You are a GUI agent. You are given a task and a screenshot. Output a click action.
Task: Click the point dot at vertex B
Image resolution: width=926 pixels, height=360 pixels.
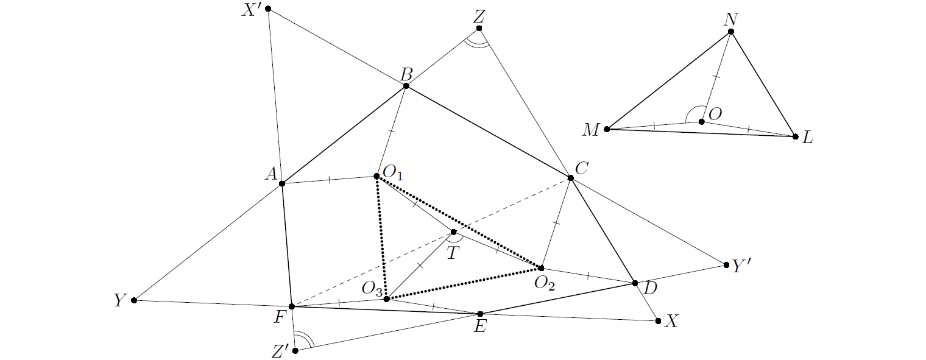pyautogui.click(x=406, y=86)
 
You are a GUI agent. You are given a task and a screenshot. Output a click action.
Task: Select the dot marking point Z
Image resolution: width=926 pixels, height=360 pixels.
pyautogui.click(x=479, y=28)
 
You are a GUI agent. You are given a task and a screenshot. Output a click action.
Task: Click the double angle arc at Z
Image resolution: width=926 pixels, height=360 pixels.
pyautogui.click(x=476, y=43)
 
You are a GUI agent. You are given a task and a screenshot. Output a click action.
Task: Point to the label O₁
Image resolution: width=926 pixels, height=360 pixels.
pyautogui.click(x=394, y=175)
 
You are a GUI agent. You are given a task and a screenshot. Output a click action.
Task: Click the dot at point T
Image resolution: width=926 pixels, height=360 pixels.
pyautogui.click(x=453, y=231)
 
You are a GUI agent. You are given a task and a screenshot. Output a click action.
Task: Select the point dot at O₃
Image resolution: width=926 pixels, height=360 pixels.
pyautogui.click(x=386, y=298)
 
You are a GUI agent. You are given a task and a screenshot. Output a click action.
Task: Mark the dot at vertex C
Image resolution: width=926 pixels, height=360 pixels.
pyautogui.click(x=571, y=177)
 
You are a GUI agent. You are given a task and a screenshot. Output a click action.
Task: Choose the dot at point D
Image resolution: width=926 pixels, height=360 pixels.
pyautogui.click(x=635, y=283)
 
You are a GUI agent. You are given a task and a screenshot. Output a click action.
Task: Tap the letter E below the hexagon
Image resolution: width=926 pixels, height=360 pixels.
pyautogui.click(x=481, y=328)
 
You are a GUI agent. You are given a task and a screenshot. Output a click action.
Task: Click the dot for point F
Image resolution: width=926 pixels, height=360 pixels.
pyautogui.click(x=292, y=306)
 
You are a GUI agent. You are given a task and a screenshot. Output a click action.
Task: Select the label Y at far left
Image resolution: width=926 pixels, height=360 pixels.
pyautogui.click(x=119, y=300)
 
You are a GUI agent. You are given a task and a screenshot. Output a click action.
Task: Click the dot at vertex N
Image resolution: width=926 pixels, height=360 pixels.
pyautogui.click(x=731, y=31)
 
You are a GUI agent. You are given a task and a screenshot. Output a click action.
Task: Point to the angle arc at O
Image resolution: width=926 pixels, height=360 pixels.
pyautogui.click(x=692, y=113)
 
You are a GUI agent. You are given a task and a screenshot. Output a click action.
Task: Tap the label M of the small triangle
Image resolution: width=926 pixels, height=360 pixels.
pyautogui.click(x=591, y=130)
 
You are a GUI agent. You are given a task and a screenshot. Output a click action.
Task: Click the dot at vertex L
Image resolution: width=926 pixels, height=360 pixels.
pyautogui.click(x=794, y=136)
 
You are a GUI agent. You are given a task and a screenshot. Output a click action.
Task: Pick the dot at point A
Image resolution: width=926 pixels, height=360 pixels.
pyautogui.click(x=282, y=183)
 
